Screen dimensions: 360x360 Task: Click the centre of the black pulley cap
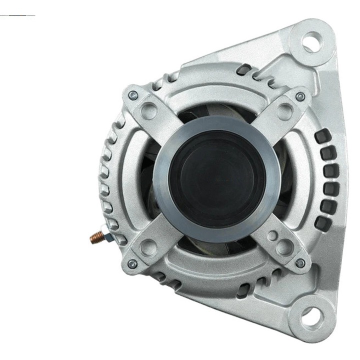pos(210,178)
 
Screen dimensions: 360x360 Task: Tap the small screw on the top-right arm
pos(300,96)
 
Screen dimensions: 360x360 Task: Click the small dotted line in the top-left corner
pos(17,15)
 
